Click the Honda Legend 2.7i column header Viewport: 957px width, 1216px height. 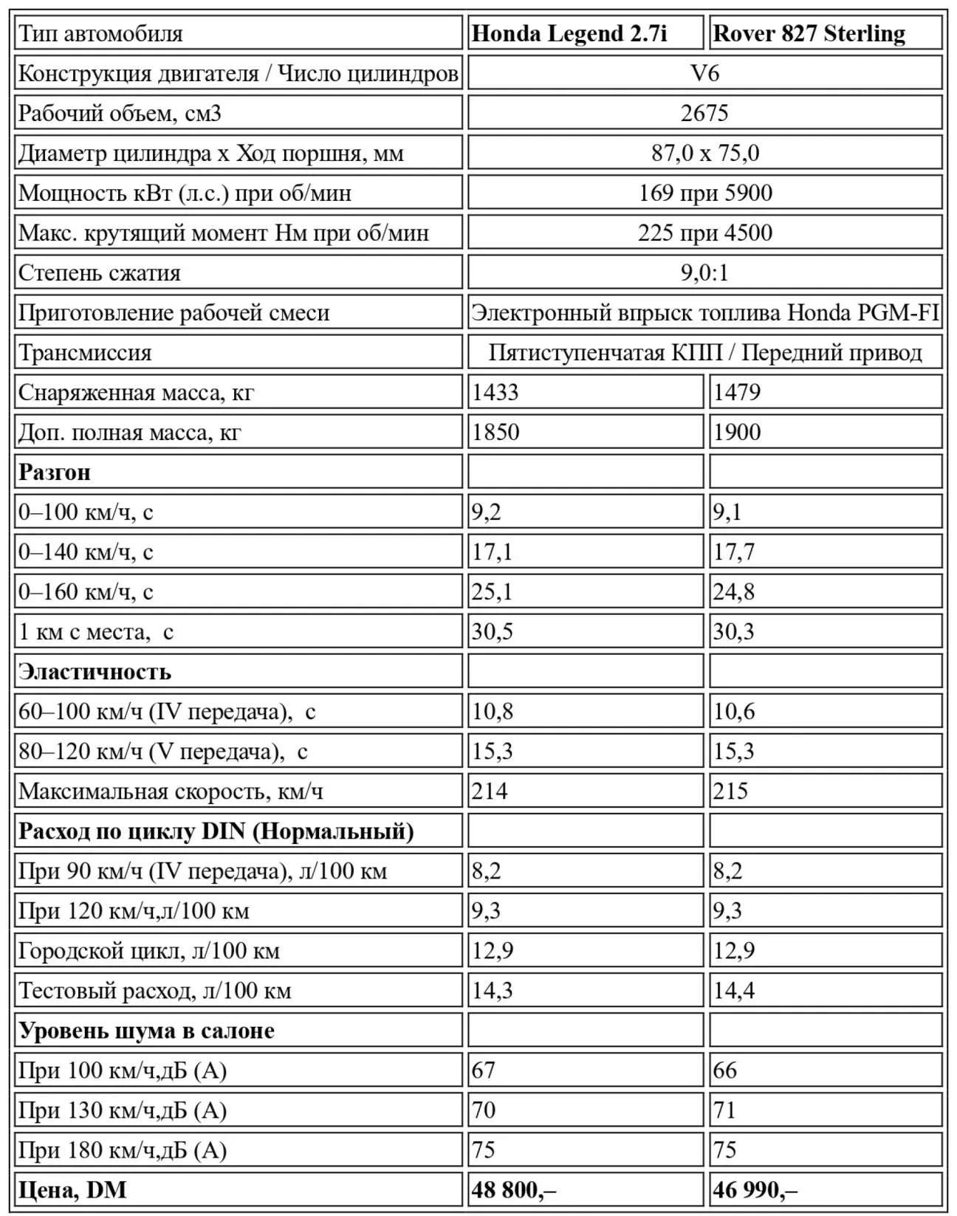(x=569, y=34)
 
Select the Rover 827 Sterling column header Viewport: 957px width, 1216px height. (x=809, y=34)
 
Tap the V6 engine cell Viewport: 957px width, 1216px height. (x=704, y=74)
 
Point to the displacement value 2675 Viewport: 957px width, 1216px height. (x=704, y=114)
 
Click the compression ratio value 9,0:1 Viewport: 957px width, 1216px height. (x=704, y=273)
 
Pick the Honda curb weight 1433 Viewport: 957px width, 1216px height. (x=495, y=393)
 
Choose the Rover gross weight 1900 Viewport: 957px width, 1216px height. (x=737, y=433)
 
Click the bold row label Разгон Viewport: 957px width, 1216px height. (x=55, y=473)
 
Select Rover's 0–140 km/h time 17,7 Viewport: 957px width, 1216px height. (x=734, y=552)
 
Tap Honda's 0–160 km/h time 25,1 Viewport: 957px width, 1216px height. (x=493, y=592)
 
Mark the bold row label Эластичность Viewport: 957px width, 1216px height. (x=95, y=672)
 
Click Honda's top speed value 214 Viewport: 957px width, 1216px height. (x=490, y=791)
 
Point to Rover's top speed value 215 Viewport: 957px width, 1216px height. (x=731, y=791)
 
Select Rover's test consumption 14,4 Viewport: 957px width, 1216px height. (x=734, y=991)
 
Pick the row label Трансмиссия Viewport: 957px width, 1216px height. (x=85, y=353)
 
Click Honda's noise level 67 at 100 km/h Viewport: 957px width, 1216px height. (x=484, y=1071)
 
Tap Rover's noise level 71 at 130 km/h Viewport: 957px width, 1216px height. (x=725, y=1110)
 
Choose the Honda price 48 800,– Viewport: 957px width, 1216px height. (x=514, y=1190)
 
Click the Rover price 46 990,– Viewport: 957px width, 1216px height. (x=755, y=1190)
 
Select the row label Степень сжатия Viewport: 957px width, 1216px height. (x=100, y=273)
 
